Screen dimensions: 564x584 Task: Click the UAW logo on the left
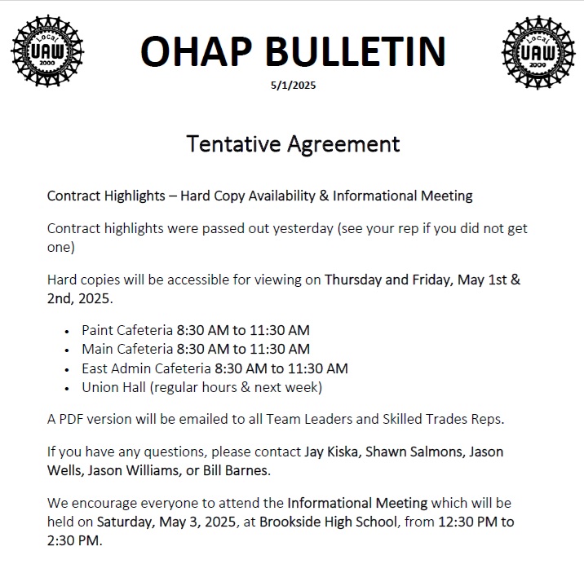tap(48, 51)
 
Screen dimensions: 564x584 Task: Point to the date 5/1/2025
tap(292, 86)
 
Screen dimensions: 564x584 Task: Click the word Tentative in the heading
tap(233, 143)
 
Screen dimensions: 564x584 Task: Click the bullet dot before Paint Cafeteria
tap(67, 331)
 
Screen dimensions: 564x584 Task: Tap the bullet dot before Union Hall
tap(67, 387)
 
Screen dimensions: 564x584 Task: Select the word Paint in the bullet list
tap(97, 330)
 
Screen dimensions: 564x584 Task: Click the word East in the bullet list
tap(96, 368)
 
